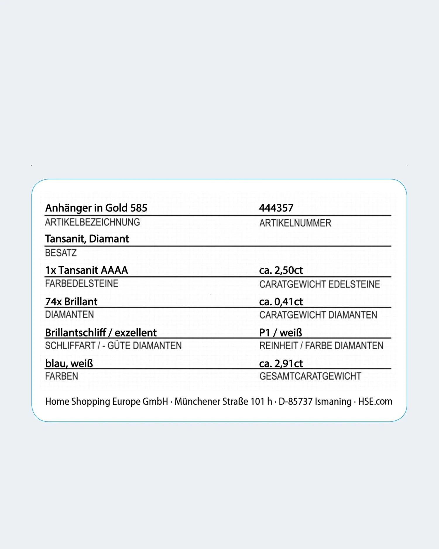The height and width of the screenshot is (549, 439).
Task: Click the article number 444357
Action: coord(276,208)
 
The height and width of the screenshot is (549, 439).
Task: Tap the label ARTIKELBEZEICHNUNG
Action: coord(92,222)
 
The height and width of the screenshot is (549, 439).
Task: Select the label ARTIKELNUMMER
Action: coord(295,223)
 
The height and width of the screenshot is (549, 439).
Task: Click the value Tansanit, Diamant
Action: coord(87,239)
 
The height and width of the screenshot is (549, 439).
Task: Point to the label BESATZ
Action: coord(61,253)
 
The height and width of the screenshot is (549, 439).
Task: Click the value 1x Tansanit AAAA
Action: coord(87,270)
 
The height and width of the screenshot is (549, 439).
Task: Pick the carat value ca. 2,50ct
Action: coord(281,270)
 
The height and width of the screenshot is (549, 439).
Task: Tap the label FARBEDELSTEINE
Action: coord(82,283)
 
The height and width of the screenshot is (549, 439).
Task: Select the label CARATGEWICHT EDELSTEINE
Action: coord(320,284)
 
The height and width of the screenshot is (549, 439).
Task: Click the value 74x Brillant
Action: coord(71,302)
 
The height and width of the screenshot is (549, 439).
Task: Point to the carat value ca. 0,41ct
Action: coord(281,302)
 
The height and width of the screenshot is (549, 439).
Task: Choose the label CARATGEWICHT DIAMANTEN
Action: coord(318,315)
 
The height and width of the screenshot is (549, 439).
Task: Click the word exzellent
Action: coord(136,333)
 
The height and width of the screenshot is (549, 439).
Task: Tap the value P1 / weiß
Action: coord(280,333)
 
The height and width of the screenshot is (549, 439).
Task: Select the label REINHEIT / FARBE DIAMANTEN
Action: coord(321,346)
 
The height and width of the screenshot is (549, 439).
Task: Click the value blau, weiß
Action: coord(69,363)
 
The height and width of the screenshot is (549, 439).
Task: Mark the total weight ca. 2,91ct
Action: coord(281,363)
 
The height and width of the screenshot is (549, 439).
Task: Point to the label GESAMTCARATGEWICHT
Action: coord(310,376)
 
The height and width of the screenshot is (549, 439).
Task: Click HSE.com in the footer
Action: coord(375,401)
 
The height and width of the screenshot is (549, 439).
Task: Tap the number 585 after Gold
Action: coord(139,208)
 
